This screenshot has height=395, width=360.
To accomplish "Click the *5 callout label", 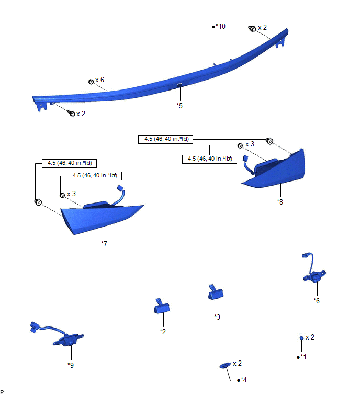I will (179, 106).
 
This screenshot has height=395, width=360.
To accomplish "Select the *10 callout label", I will (220, 26).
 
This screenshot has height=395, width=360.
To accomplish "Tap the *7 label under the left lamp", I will (104, 244).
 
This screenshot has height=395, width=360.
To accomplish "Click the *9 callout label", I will (71, 365).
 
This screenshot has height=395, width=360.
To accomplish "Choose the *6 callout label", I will (317, 300).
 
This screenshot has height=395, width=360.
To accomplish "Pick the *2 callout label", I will (163, 331).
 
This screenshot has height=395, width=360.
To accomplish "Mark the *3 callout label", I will (217, 317).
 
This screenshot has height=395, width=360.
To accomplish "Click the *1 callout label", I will (302, 357).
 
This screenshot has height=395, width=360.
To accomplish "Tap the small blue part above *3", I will (215, 293).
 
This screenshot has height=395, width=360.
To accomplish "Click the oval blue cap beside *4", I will (224, 364).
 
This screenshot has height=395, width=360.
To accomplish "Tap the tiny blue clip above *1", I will (301, 338).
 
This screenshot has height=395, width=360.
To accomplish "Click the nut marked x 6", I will (91, 82).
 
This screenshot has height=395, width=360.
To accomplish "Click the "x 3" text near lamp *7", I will (71, 194).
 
